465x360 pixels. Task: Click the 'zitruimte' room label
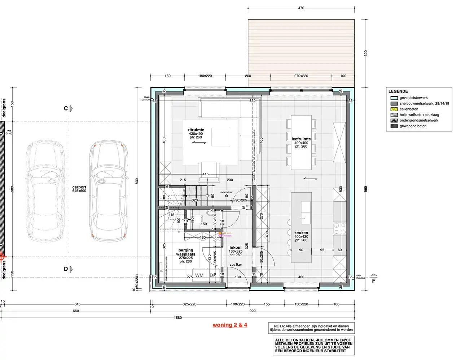196,130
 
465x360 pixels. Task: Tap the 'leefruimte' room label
301,139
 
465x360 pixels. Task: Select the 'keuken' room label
301,233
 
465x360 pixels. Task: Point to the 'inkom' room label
235,248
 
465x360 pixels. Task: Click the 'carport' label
79,187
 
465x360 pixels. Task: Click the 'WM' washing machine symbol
199,275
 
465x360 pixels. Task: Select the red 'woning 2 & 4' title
230,325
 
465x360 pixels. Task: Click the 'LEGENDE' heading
398,91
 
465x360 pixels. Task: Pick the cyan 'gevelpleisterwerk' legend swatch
394,98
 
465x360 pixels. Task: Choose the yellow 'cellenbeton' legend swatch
394,109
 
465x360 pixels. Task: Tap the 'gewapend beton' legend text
413,126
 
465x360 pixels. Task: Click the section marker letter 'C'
66,108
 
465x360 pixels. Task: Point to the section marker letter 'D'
66,269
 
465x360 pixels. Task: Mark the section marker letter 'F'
374,281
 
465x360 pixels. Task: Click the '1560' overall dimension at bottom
177,318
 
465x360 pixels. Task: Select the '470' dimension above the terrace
301,8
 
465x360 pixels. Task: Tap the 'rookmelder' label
227,192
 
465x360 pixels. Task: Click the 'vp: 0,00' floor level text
235,265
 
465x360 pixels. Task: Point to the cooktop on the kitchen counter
339,228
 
